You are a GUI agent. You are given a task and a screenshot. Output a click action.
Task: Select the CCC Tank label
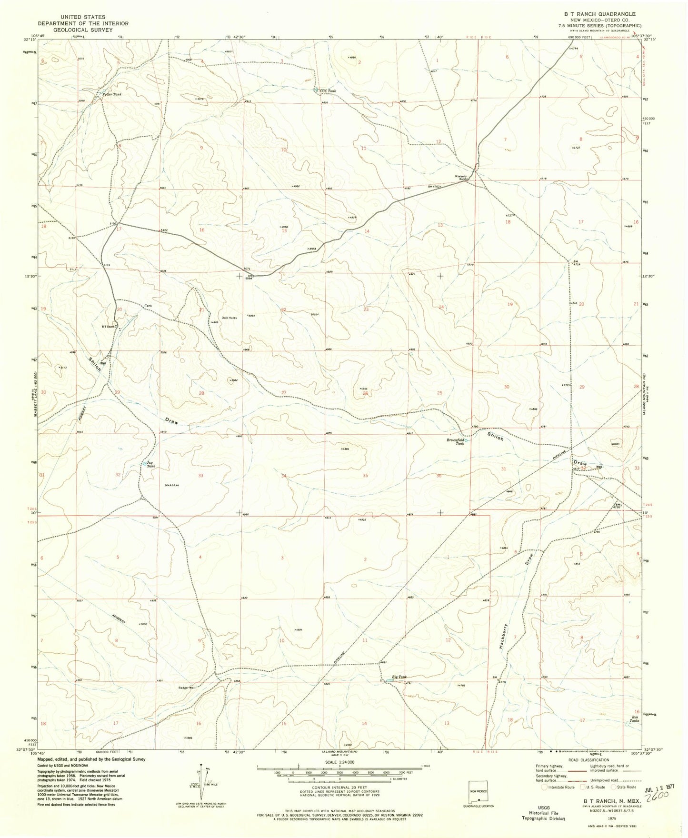pyautogui.click(x=328, y=90)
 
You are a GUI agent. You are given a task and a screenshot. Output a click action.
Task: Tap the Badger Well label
pyautogui.click(x=187, y=688)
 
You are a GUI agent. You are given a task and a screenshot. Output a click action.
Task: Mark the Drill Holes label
pyautogui.click(x=229, y=318)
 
